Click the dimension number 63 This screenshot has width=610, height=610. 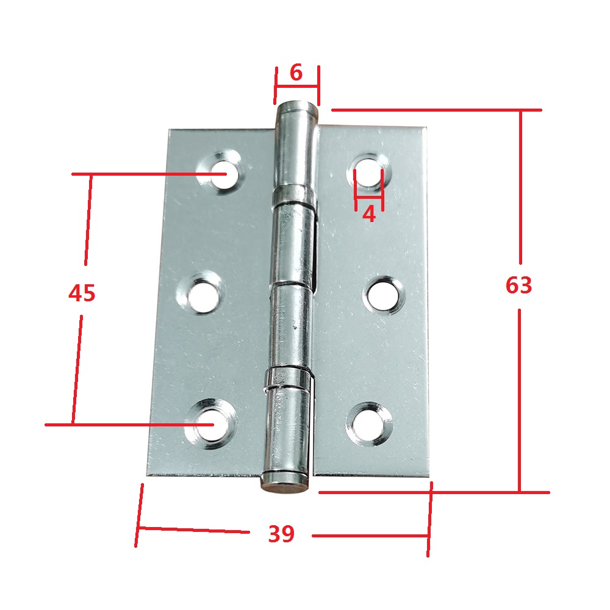518,285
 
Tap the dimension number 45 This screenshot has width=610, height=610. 82,293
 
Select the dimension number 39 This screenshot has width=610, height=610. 281,534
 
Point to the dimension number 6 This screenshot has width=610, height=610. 296,73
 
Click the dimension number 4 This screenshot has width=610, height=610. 369,214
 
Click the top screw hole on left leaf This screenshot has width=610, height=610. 220,173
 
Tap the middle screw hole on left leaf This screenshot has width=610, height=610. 199,295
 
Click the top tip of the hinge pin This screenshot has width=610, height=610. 297,106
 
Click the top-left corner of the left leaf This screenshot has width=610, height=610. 170,129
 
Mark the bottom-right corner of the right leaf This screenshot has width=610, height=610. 429,477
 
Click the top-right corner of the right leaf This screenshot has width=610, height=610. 426,127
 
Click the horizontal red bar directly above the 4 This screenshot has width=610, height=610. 369,198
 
